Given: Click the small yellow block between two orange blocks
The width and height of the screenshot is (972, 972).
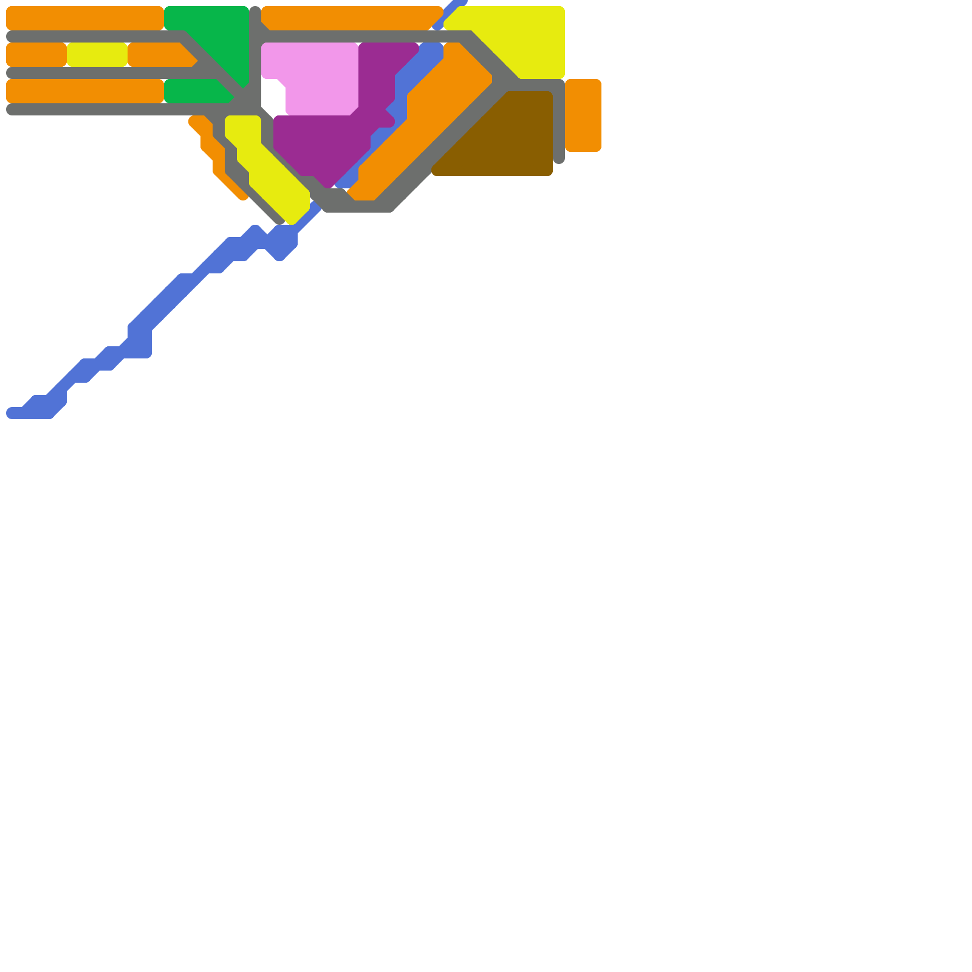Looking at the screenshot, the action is (97, 55).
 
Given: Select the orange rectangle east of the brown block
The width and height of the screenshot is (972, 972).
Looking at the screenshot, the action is (583, 115).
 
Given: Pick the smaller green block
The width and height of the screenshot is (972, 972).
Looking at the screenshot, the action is (194, 91).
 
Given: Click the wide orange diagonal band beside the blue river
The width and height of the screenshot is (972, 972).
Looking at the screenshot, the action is (425, 122).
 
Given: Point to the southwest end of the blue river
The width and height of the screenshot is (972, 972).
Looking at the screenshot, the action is (15, 413).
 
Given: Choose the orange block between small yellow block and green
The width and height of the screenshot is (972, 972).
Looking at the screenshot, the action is (158, 55).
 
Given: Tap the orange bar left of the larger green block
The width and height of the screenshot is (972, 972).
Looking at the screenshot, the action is (85, 18).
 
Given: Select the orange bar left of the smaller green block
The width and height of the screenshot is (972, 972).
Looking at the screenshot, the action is (85, 91).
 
